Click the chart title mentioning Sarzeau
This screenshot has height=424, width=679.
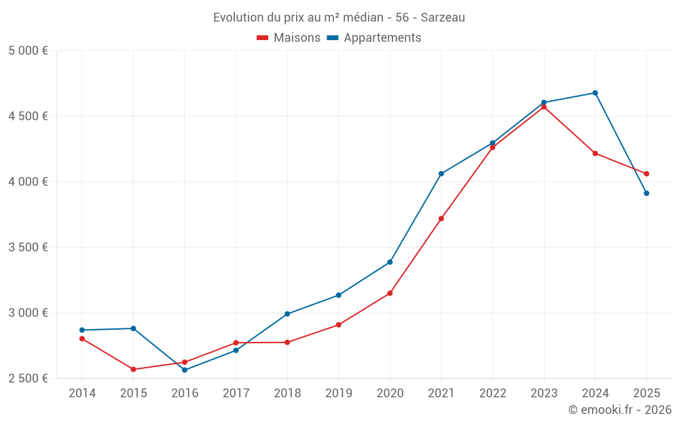[339, 18]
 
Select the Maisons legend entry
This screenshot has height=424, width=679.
[289, 38]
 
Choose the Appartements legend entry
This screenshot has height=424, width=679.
[374, 38]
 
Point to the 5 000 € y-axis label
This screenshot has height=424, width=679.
[29, 51]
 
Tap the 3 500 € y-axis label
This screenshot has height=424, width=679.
[29, 247]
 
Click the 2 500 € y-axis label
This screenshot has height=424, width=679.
[29, 378]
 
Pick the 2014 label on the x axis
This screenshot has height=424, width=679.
[82, 393]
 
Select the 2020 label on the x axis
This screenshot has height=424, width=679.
[390, 393]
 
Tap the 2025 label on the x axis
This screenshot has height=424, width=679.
[646, 393]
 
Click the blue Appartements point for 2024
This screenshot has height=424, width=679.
[595, 93]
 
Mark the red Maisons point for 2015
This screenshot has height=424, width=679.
[133, 369]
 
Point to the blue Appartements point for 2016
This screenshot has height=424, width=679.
[185, 370]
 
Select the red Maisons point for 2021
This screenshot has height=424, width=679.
[441, 218]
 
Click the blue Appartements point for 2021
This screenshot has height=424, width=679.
[441, 174]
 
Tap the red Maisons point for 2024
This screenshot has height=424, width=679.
[595, 153]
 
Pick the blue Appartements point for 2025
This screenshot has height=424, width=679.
[646, 193]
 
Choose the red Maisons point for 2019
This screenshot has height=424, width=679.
[339, 325]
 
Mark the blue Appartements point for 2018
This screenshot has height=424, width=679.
[287, 314]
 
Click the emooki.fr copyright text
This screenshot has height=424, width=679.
[620, 410]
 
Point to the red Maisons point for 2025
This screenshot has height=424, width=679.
[646, 174]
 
